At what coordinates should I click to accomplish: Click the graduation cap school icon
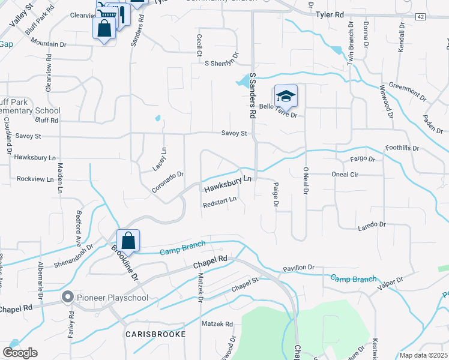click(286, 95)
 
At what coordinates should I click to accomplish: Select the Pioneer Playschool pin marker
click(67, 296)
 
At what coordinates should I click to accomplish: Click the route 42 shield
click(420, 17)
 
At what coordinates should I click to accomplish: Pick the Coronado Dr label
click(167, 182)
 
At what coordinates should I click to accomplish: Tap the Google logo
click(20, 352)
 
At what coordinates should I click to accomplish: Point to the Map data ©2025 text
click(423, 355)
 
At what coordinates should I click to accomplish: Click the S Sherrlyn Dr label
click(221, 63)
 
